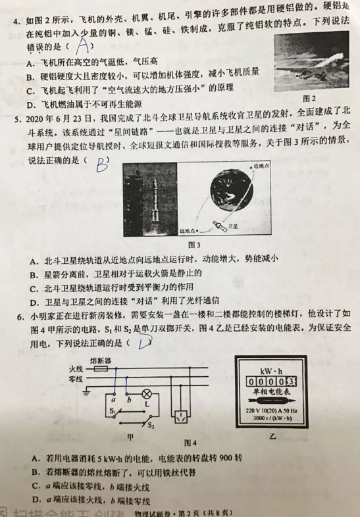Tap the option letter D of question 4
[x=30, y=105]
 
